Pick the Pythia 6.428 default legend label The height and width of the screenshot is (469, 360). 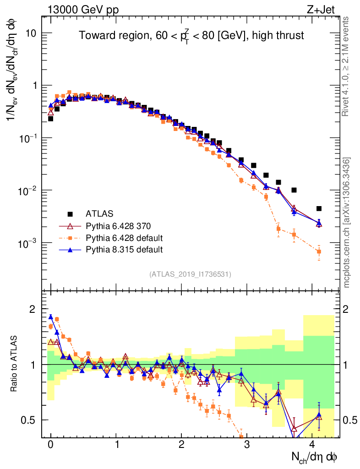tap(124, 238)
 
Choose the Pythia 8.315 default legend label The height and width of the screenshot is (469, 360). tap(124, 250)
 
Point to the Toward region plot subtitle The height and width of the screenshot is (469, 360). tap(191, 35)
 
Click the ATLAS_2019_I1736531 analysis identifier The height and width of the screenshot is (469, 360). tap(190, 274)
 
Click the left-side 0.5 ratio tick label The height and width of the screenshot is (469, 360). tap(29, 420)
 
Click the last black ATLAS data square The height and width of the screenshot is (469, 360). tap(319, 208)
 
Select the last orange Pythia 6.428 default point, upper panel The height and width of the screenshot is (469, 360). tap(319, 251)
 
